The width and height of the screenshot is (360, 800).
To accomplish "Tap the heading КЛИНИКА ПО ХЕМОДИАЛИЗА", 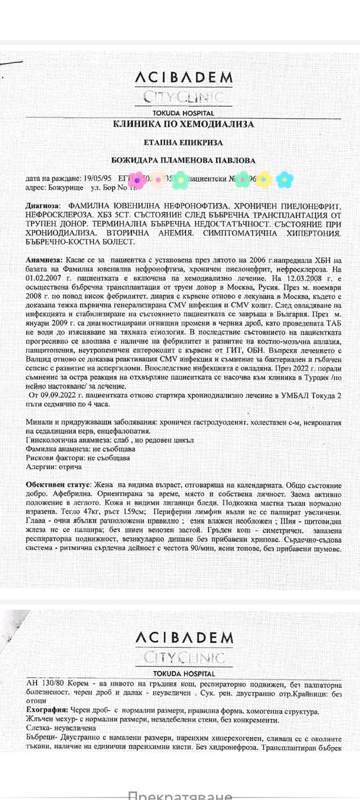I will click(183, 124).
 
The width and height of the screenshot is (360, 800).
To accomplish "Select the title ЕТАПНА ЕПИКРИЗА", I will click(183, 143).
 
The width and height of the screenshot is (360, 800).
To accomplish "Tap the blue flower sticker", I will click(284, 179).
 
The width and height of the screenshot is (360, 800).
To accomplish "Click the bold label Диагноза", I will click(42, 207).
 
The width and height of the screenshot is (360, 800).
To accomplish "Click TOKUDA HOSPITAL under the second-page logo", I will click(183, 673).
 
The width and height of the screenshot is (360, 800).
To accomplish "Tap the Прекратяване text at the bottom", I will click(180, 794).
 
